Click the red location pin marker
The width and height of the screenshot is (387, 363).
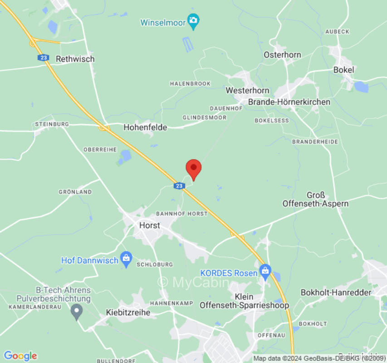coord(194,168)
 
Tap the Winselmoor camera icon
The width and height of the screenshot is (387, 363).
coord(194,21)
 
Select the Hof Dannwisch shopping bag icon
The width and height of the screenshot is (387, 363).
coord(127,260)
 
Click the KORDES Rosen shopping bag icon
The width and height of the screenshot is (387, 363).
coord(265,272)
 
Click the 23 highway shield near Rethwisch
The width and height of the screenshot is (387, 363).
coord(44,58)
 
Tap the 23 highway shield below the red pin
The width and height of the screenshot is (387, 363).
coord(179,186)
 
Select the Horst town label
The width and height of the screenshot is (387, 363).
coord(149,225)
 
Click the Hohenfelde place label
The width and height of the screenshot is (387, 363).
coord(145,128)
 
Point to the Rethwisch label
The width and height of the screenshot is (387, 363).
coord(75,59)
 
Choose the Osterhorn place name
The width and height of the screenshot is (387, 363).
coord(282,54)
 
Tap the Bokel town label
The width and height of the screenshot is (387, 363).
coord(343,70)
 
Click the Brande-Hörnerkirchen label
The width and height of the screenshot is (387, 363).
coord(289,102)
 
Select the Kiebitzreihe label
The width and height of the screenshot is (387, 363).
coord(128,313)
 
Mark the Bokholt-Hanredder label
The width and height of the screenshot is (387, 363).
coord(336,293)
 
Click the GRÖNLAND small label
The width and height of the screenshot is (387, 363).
coord(75,192)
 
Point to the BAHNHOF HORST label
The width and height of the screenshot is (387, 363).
coord(181,213)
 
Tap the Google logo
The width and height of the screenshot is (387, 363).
coord(20,356)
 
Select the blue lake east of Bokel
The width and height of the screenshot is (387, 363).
coord(361,86)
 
